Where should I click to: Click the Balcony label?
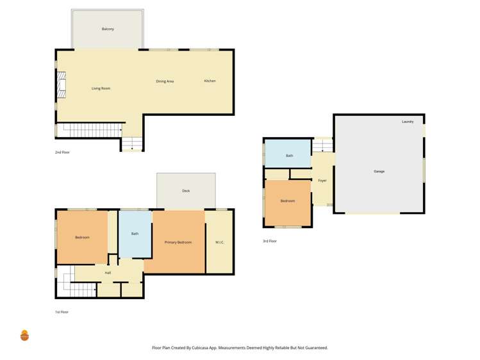click(108, 29)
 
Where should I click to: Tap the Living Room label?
click(101, 88)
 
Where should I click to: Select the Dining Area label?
click(165, 81)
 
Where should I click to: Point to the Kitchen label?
click(210, 81)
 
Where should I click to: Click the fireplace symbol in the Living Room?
click(62, 86)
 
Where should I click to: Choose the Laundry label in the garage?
click(408, 122)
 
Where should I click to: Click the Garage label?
click(379, 171)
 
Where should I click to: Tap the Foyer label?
click(322, 181)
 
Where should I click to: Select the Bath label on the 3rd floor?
click(289, 156)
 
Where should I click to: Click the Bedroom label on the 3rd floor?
click(288, 201)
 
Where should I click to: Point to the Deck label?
click(186, 191)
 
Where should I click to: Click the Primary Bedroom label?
click(178, 242)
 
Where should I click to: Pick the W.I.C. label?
click(219, 242)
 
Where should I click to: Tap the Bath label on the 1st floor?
click(135, 234)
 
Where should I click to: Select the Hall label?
click(108, 273)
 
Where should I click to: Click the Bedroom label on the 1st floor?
click(82, 238)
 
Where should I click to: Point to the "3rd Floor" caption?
click(270, 241)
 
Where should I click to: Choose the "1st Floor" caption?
click(62, 312)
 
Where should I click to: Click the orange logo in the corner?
click(25, 335)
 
